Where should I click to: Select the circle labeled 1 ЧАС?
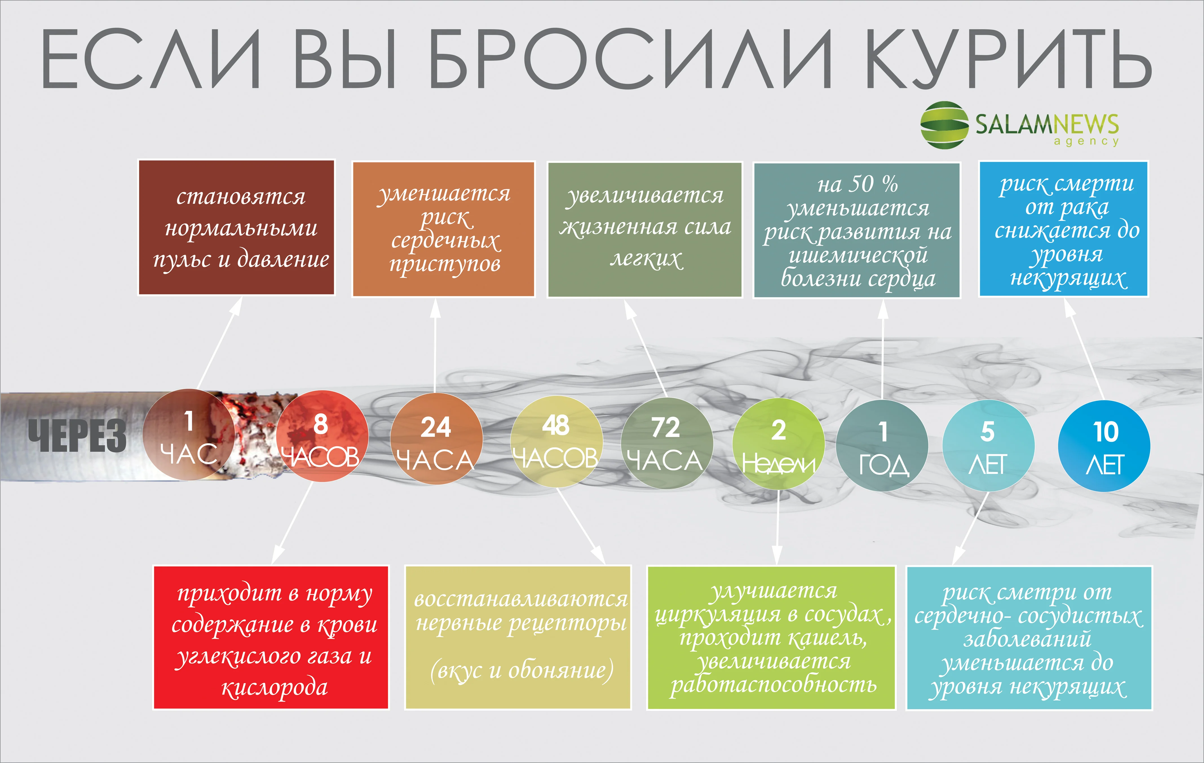coord(189,435)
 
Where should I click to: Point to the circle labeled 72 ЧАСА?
coord(666,443)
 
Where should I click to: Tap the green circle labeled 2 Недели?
coord(778,444)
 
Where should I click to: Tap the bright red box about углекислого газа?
coord(271,638)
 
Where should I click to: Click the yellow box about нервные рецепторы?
coord(518,638)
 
